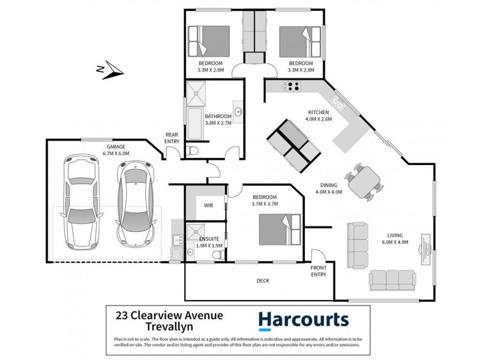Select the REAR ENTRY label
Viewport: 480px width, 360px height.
pos(173,137)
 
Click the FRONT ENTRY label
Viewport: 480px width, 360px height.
pos(319,271)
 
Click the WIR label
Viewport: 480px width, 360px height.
pos(209,205)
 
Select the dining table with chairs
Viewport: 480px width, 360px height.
pos(365,181)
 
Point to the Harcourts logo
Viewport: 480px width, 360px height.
pos(303,320)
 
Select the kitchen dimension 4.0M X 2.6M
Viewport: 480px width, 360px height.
pos(320,119)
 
